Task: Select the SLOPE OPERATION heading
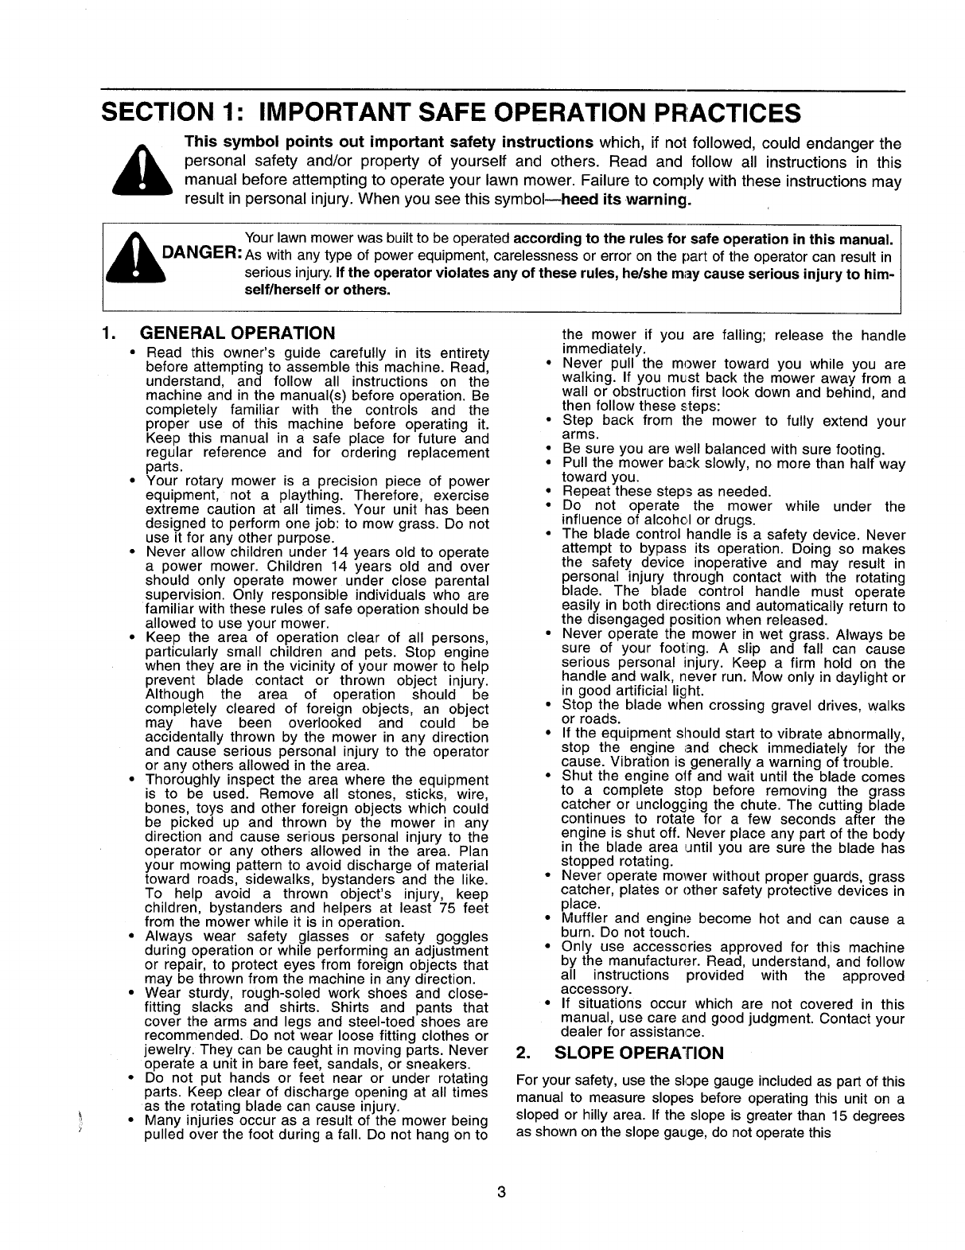(x=639, y=1053)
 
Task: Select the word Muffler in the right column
(x=586, y=920)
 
